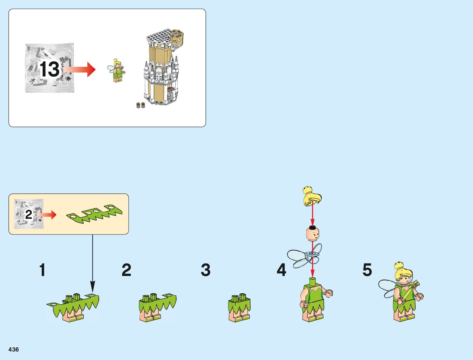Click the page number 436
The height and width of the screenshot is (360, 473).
coord(14,349)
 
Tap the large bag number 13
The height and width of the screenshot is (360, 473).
coord(50,69)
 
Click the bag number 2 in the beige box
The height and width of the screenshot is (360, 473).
coord(28,214)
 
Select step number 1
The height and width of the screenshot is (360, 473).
coord(42,270)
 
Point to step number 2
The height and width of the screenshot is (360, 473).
coord(126,270)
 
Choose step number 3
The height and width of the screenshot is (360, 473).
coord(206,270)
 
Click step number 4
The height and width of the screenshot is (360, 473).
coord(281,270)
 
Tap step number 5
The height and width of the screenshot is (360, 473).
coord(367,270)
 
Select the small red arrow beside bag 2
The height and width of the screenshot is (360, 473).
coord(48,215)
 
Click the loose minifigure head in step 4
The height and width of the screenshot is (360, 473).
coord(313,233)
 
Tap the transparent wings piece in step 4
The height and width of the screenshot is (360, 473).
coord(304,256)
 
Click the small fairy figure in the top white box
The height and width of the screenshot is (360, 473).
coord(116,70)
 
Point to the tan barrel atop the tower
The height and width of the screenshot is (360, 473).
coord(177,38)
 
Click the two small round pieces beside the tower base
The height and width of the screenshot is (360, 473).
coord(141,105)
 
